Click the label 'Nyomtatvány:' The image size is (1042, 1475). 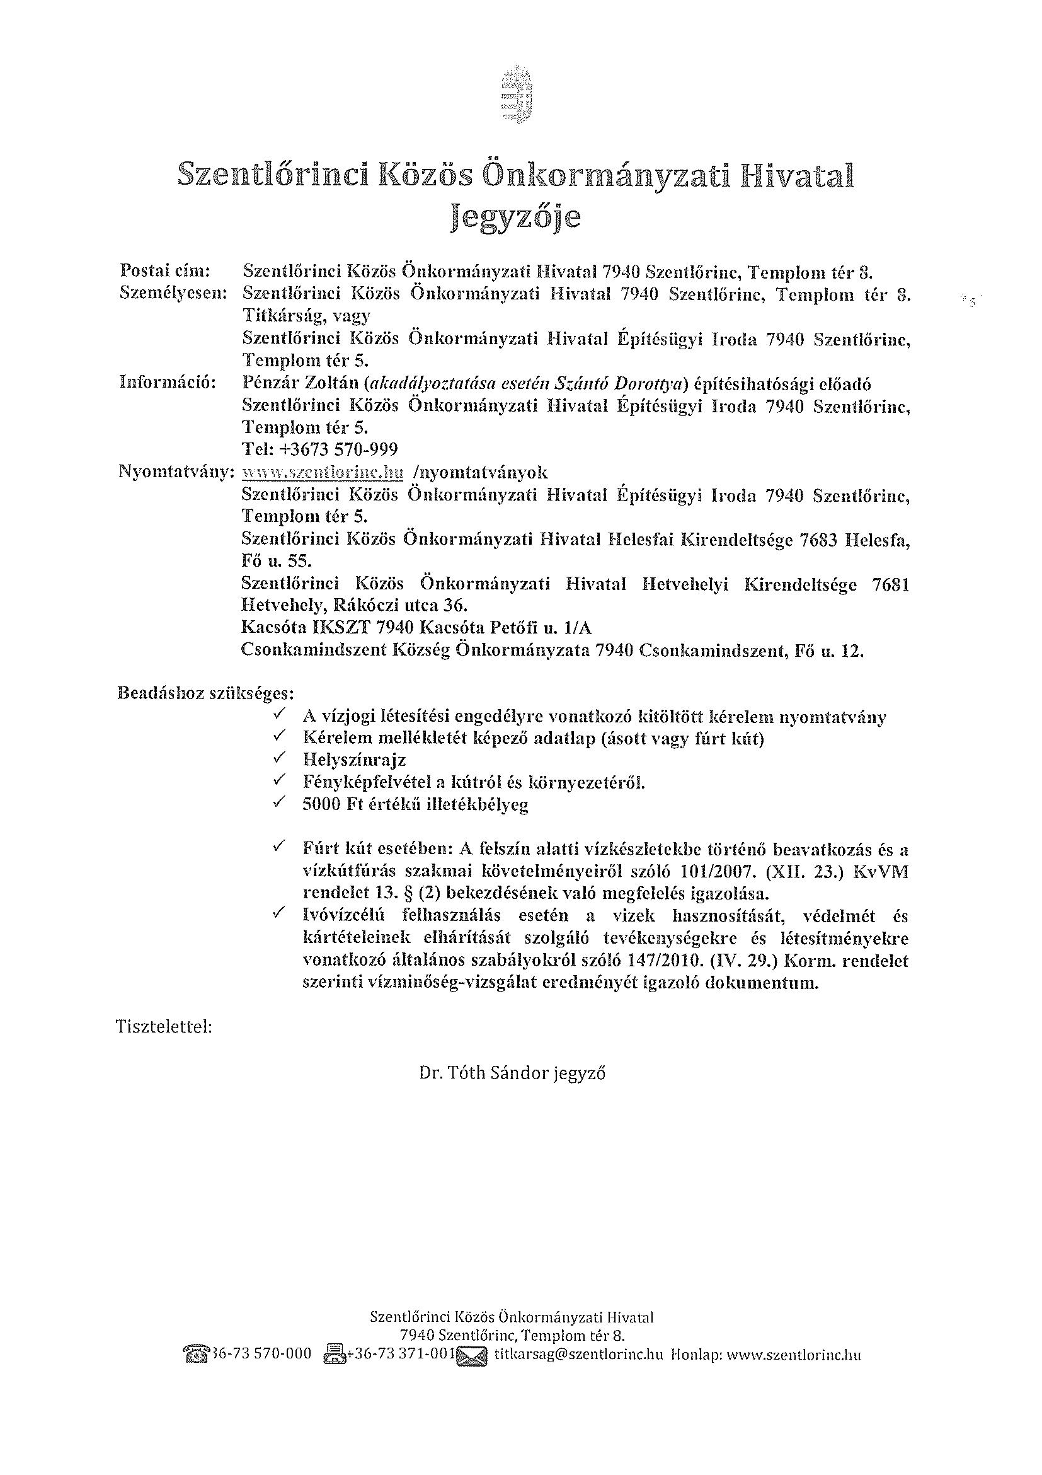point(174,472)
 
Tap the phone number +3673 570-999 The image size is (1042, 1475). point(320,449)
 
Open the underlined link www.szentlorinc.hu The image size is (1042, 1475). point(323,473)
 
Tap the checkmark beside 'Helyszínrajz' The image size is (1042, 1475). point(280,759)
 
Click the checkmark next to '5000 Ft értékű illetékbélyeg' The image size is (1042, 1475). point(280,803)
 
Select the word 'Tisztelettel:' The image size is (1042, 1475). point(164,1027)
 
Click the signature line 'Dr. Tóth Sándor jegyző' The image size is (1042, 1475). point(512,1073)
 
